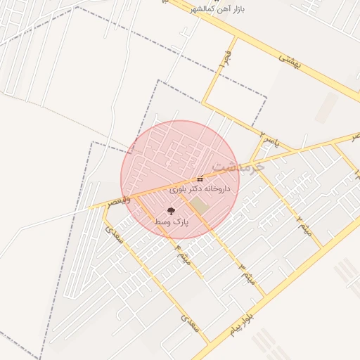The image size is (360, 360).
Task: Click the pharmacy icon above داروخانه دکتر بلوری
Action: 200,179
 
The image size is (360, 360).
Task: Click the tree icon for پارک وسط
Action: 171,210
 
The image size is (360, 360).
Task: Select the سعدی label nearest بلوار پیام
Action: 190,324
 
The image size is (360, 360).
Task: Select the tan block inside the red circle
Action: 200,206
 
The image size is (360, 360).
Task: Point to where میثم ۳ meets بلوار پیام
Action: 266,296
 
